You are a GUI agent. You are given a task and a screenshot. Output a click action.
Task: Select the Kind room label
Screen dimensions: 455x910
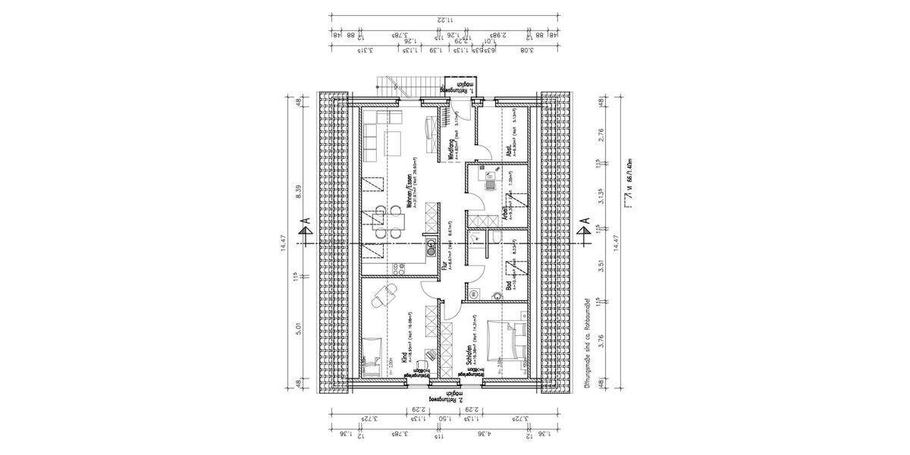tap(402, 357)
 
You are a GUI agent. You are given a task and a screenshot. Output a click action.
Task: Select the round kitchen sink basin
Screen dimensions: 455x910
tap(430, 244)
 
